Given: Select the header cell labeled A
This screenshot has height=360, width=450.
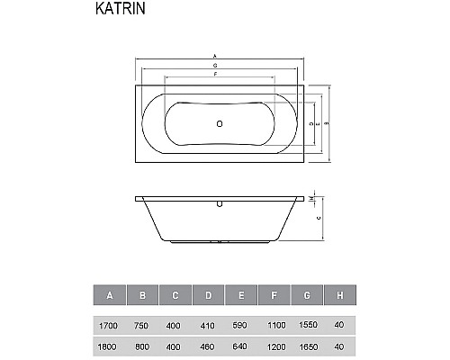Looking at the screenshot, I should tap(109, 294).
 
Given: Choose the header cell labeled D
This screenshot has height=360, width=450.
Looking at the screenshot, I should tap(209, 294).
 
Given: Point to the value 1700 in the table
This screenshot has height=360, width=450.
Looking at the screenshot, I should tap(109, 326).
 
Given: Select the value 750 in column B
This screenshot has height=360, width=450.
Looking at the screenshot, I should tap(142, 326).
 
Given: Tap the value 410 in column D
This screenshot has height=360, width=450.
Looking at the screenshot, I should tap(209, 326).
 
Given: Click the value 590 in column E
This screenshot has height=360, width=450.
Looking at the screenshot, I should tap(242, 326).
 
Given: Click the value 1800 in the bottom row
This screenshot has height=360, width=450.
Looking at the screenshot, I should tap(109, 346).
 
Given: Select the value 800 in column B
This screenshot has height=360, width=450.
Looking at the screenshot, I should tap(142, 346).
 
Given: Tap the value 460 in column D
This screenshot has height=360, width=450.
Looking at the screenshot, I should tap(209, 346).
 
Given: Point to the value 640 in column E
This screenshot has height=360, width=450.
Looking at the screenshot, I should tap(242, 346).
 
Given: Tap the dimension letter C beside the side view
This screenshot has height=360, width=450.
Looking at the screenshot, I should tap(321, 218).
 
